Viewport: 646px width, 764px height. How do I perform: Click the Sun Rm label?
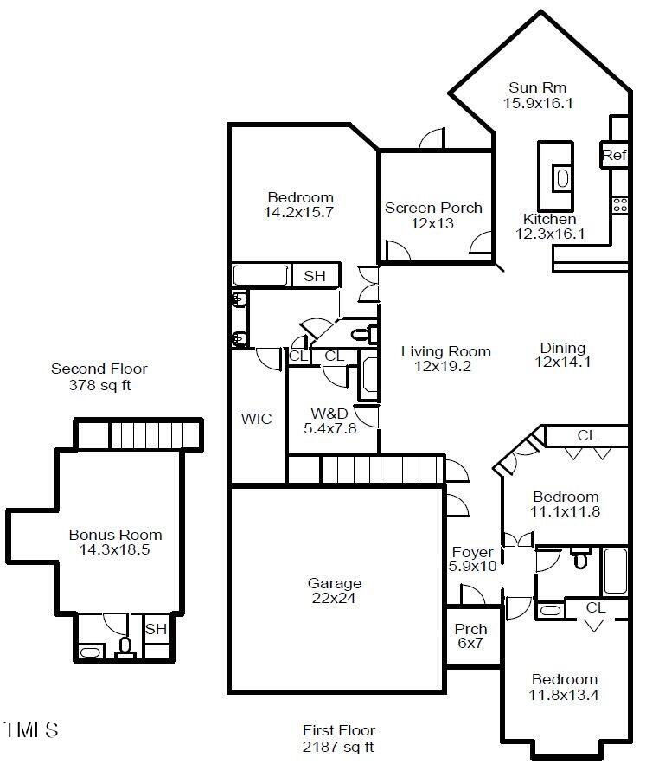(537, 87)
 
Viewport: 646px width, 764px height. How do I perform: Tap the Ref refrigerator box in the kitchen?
(614, 155)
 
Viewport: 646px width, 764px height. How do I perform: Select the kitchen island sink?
(562, 177)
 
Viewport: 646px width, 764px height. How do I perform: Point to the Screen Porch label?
(433, 208)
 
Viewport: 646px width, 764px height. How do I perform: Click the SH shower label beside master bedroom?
(315, 276)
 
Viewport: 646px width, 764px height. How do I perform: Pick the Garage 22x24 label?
(334, 591)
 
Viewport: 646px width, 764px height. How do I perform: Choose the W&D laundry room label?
(329, 414)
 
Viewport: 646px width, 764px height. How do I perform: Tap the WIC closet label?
(256, 419)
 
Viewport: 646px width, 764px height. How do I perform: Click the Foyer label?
(472, 553)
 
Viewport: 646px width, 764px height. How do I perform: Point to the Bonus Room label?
(116, 535)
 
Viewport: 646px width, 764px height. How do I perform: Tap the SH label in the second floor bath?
(156, 629)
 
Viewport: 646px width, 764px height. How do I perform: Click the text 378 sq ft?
(99, 385)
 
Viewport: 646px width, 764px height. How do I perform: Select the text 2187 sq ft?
(338, 747)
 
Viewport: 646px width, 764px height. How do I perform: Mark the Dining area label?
(563, 348)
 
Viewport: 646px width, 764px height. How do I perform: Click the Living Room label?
(445, 351)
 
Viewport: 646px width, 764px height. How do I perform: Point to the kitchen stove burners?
(620, 205)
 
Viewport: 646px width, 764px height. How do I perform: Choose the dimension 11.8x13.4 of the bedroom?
(564, 695)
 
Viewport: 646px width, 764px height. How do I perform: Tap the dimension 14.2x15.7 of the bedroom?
(298, 213)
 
